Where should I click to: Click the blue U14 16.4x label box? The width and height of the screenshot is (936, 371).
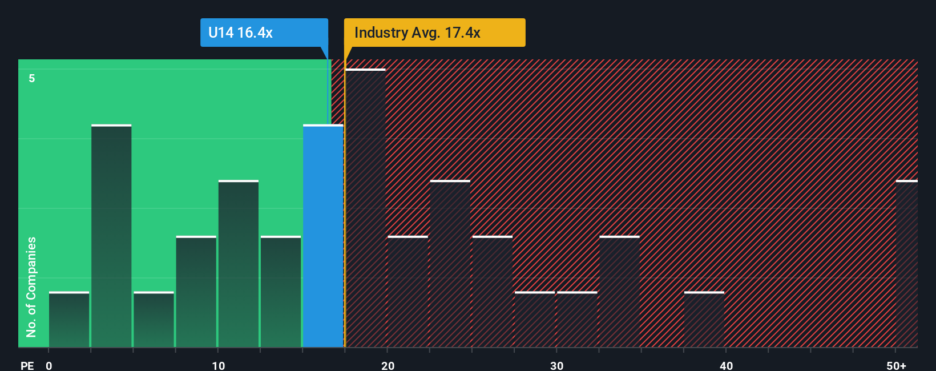[x=264, y=33]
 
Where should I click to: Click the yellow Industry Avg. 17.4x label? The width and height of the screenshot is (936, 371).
[x=434, y=33]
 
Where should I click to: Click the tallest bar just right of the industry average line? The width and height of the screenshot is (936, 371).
[x=366, y=208]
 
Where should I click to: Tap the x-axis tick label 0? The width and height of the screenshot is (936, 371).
[x=49, y=365]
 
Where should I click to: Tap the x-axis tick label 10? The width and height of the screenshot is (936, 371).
[x=218, y=365]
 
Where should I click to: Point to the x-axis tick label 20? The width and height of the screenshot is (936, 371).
[x=388, y=365]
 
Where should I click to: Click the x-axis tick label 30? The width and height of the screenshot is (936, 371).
[x=556, y=365]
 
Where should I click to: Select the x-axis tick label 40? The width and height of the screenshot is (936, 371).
[x=726, y=365]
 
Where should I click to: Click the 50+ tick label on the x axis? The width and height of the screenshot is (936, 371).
[x=896, y=365]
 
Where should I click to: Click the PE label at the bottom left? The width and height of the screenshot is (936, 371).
[x=27, y=365]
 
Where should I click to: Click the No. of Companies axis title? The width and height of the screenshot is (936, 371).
[x=31, y=287]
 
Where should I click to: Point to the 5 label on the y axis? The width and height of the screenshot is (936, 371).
[x=32, y=78]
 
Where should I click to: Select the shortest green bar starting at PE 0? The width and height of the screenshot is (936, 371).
[x=69, y=320]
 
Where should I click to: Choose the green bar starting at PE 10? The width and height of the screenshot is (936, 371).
[x=239, y=264]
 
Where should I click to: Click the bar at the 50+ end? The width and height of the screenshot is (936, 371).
[x=906, y=264]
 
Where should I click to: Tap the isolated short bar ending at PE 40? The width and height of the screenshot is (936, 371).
[x=704, y=320]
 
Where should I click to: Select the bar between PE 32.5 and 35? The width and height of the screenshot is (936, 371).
[x=619, y=292]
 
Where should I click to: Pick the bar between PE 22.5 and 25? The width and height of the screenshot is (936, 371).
[x=450, y=264]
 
